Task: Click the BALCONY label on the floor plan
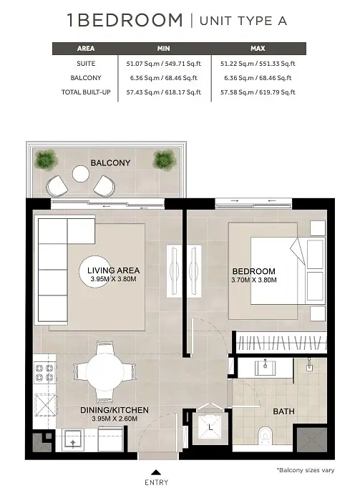[x=110, y=163]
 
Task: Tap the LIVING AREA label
[x=114, y=270]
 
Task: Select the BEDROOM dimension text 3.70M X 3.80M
[x=254, y=280]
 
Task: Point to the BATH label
[x=283, y=411]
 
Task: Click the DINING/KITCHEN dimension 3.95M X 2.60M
[x=115, y=419]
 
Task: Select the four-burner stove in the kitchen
[x=44, y=373]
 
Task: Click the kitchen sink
[x=73, y=441]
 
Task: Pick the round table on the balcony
[x=80, y=174]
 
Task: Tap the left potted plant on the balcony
[x=47, y=160]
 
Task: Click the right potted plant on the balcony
[x=165, y=160]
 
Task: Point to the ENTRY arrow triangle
[x=156, y=472]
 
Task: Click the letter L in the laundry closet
[x=210, y=427]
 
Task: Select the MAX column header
[x=258, y=49]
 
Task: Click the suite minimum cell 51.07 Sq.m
[x=163, y=64]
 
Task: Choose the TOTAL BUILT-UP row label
[x=86, y=92]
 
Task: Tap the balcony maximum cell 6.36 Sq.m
[x=258, y=78]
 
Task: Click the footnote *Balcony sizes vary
[x=306, y=470]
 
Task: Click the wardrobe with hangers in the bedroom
[x=281, y=343]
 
